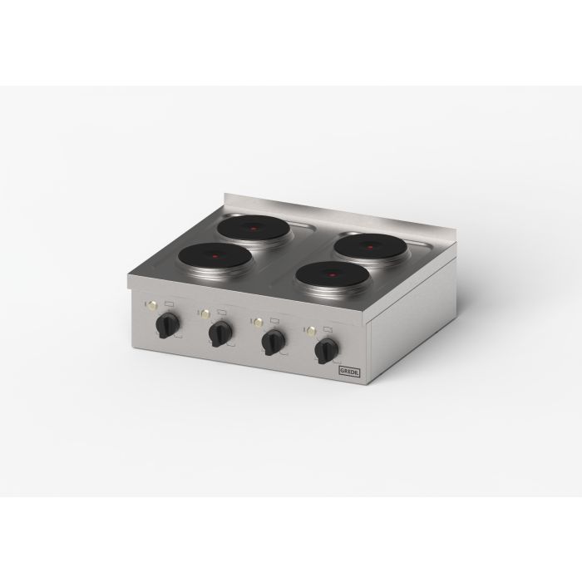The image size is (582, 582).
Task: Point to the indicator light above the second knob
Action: pos(204,313)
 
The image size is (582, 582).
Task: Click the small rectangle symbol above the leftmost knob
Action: pos(170,304)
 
